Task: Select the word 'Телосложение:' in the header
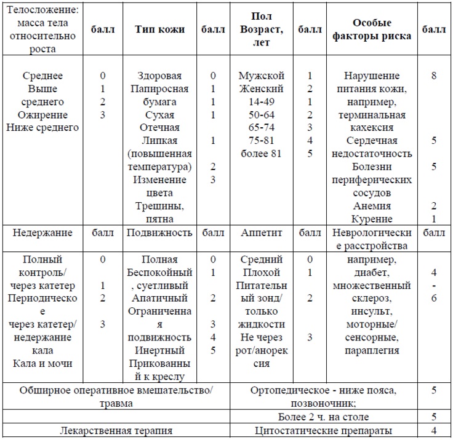(41, 10)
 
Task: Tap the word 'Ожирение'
(42, 115)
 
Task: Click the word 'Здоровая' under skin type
(159, 76)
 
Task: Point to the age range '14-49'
(261, 102)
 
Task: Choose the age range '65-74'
(261, 128)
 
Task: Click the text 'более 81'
(261, 154)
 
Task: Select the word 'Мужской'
(261, 76)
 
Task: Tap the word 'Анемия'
(372, 206)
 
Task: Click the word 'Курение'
(372, 219)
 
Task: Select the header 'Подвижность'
(159, 233)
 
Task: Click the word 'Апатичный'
(159, 298)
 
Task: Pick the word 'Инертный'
(159, 350)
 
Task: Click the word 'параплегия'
(372, 350)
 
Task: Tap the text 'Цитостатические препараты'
(323, 431)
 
